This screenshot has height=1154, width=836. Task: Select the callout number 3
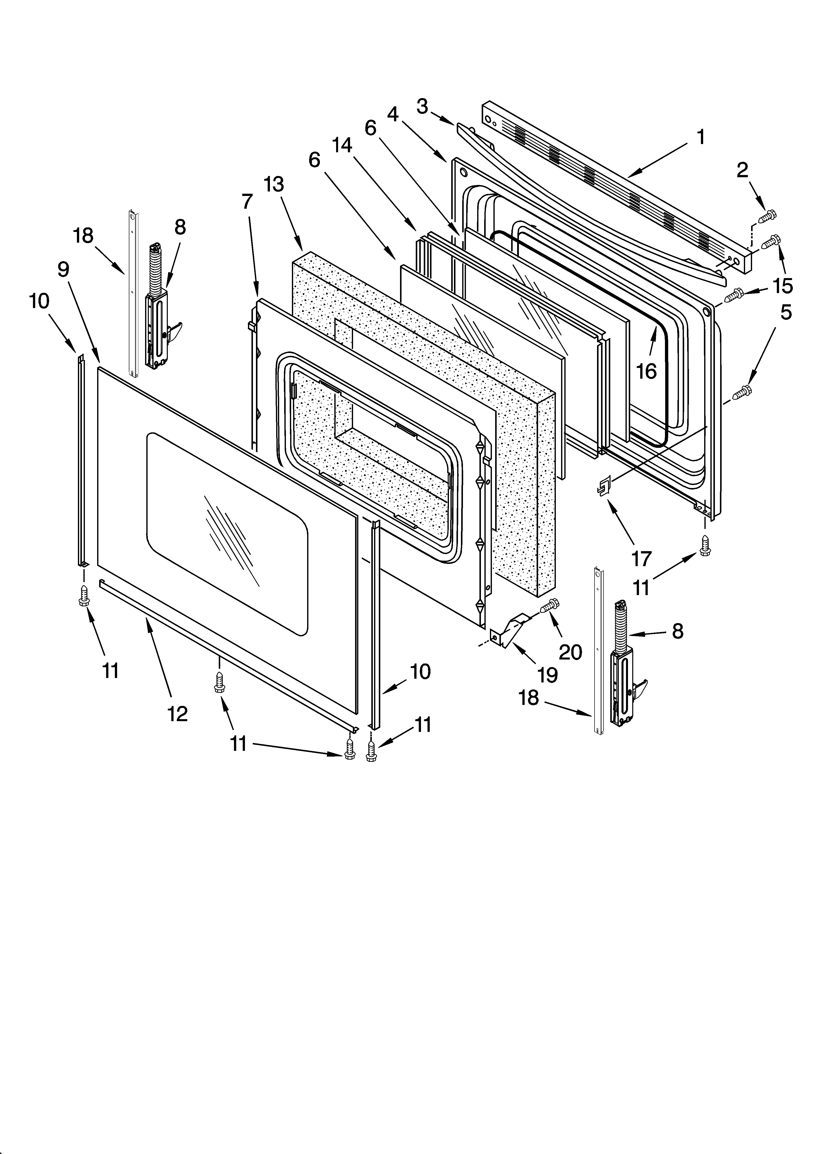pyautogui.click(x=422, y=107)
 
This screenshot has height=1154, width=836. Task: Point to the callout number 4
pyautogui.click(x=393, y=115)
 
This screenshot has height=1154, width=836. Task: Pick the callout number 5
pyautogui.click(x=786, y=313)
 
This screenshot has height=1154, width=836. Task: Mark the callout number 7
pyautogui.click(x=247, y=202)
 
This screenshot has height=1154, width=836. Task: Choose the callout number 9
pyautogui.click(x=63, y=270)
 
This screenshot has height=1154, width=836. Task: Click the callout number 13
pyautogui.click(x=274, y=184)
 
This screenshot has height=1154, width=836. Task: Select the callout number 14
pyautogui.click(x=342, y=146)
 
